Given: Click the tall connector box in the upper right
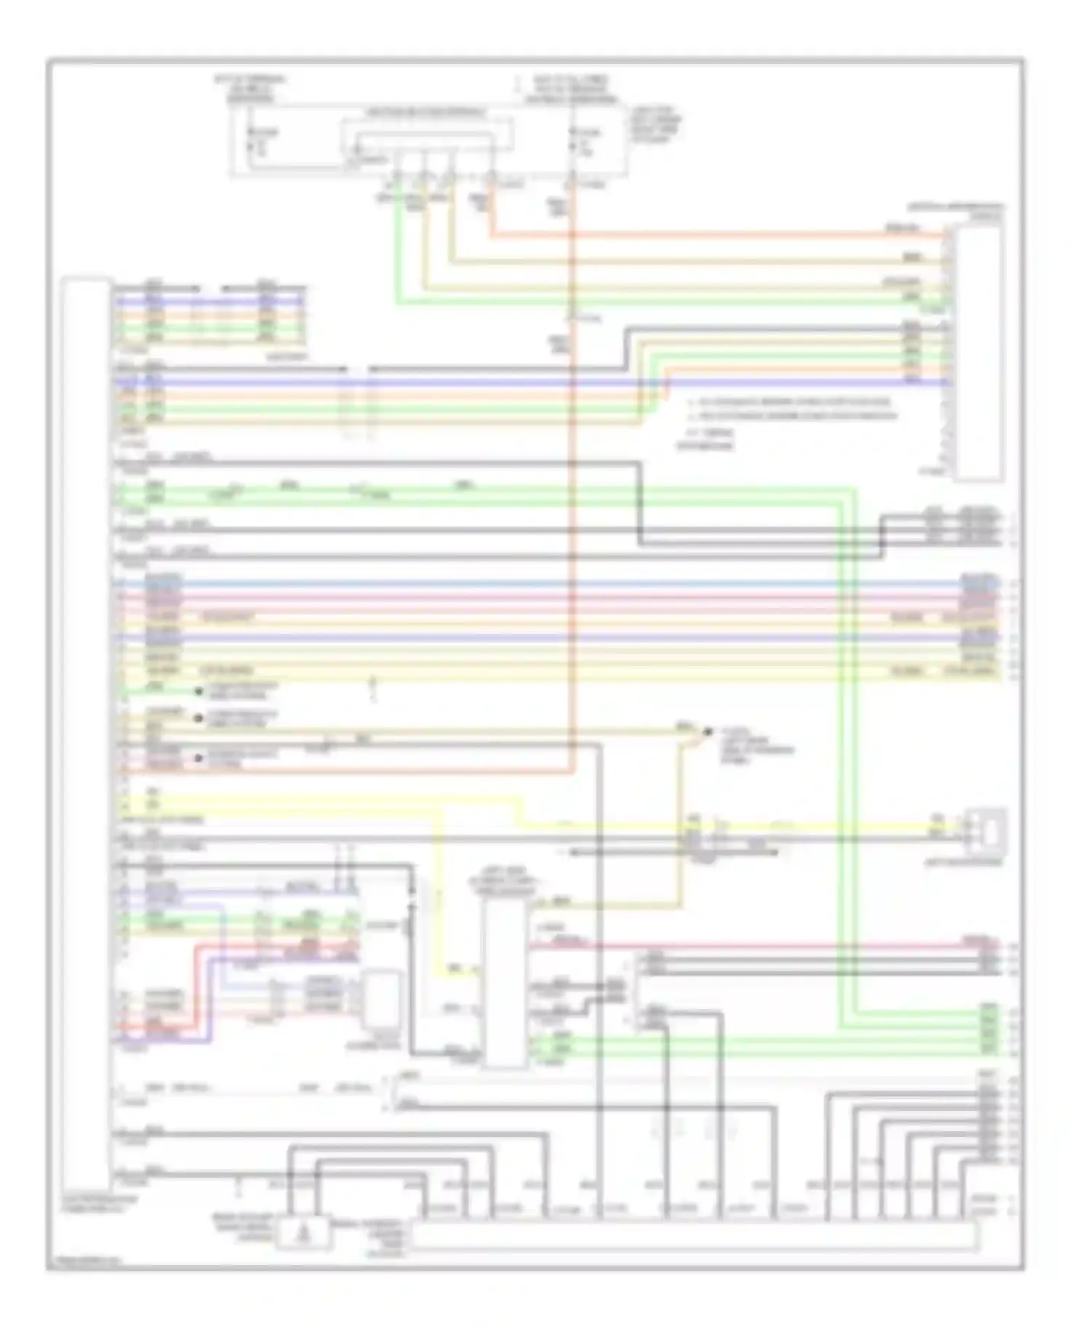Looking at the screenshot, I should [x=979, y=352].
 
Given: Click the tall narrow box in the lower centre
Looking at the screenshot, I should [x=505, y=981].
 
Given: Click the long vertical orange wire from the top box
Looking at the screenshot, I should [x=572, y=509].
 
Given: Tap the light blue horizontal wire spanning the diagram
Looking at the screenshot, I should [x=553, y=584].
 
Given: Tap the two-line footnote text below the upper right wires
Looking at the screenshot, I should [x=789, y=409].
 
